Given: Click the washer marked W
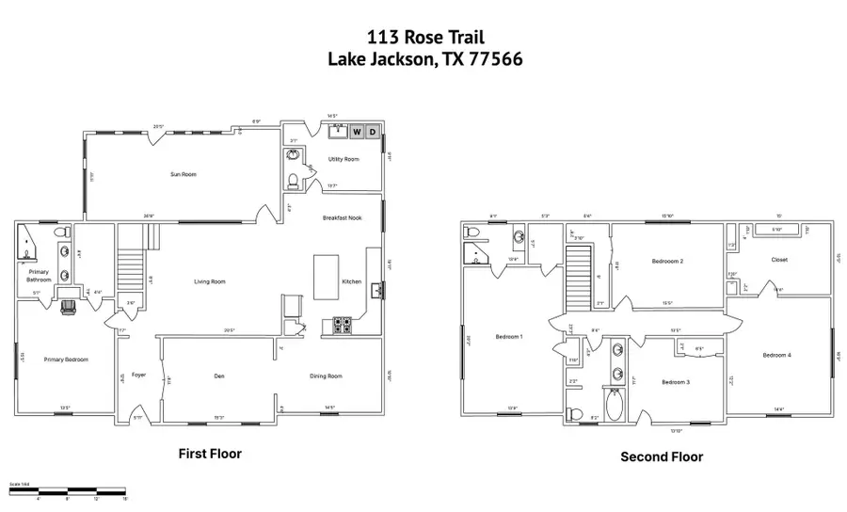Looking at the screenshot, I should coord(357,132).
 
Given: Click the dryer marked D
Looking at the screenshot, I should coord(373,132).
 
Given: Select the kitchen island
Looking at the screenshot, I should coord(325,275).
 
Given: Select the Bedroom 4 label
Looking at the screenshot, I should coord(777,355).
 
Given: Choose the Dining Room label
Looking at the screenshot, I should coord(326,376).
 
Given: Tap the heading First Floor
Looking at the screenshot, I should coord(210,454).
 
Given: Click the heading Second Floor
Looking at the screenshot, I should coord(661,456).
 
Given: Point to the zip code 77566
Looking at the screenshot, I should coord(492,58).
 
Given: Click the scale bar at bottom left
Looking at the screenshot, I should coord(67,490).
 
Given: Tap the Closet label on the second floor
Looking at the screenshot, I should coord(779,260).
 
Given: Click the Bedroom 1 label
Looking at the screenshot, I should coord(508,336).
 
